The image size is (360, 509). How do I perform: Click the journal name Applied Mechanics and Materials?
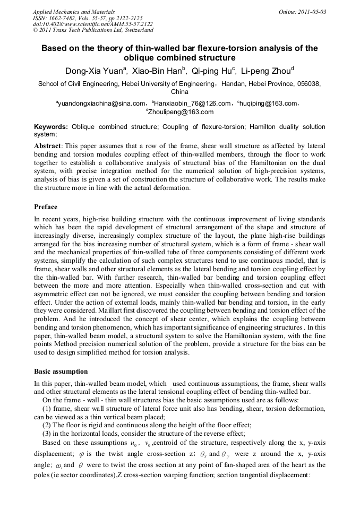pyautogui.click(x=74, y=11)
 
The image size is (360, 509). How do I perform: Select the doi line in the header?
pyautogui.click(x=93, y=24)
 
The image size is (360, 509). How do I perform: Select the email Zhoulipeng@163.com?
pyautogui.click(x=181, y=112)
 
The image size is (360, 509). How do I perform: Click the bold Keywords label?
pyautogui.click(x=51, y=127)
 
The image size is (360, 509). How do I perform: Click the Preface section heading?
pyautogui.click(x=46, y=207)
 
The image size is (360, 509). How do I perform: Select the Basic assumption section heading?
pyautogui.click(x=61, y=372)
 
